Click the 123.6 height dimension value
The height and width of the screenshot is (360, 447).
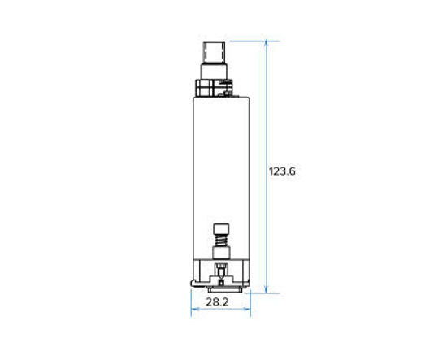point(281,171)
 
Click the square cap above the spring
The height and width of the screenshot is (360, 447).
point(219,230)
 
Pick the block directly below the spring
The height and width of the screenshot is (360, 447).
point(219,256)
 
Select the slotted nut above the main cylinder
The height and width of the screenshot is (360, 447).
point(215,85)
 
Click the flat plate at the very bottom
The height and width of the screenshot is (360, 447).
point(219,288)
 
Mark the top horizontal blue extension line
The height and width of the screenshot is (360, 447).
point(248,40)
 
